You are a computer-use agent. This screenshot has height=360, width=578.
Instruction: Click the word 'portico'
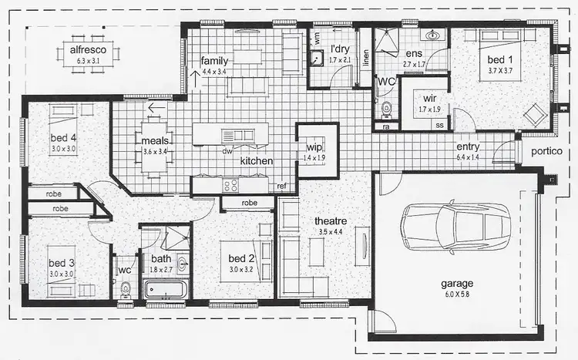pos(544,151)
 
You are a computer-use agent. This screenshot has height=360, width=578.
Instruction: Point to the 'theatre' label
pos(331,222)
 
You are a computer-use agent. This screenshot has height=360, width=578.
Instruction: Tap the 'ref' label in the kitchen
pos(282,187)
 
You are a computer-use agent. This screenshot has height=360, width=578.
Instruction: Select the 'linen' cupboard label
pos(366,57)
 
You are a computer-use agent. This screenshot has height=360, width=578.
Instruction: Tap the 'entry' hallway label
pos(469,146)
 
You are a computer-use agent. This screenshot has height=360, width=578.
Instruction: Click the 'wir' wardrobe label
pos(429,98)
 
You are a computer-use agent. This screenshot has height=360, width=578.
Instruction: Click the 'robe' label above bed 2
pos(249,204)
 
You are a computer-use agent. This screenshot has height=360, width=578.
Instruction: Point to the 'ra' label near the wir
pos(387,126)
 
